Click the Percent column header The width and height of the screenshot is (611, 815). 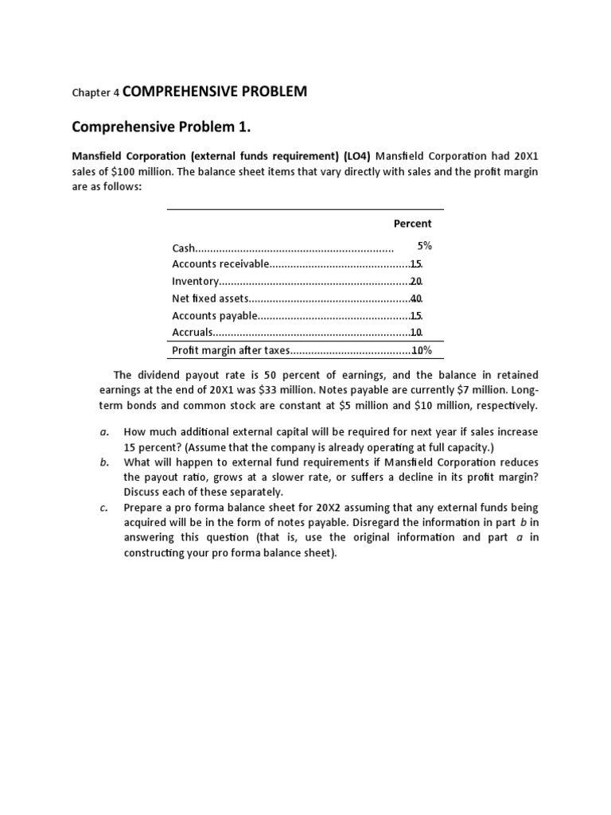(412, 224)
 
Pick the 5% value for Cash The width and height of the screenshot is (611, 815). (424, 247)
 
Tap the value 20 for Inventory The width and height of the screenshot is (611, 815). (416, 282)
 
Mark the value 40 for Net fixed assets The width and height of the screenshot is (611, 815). (416, 299)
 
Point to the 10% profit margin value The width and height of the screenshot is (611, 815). (420, 351)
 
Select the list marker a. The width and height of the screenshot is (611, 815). (103, 432)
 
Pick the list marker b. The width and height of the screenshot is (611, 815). (103, 462)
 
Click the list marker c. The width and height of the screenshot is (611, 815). (103, 508)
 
